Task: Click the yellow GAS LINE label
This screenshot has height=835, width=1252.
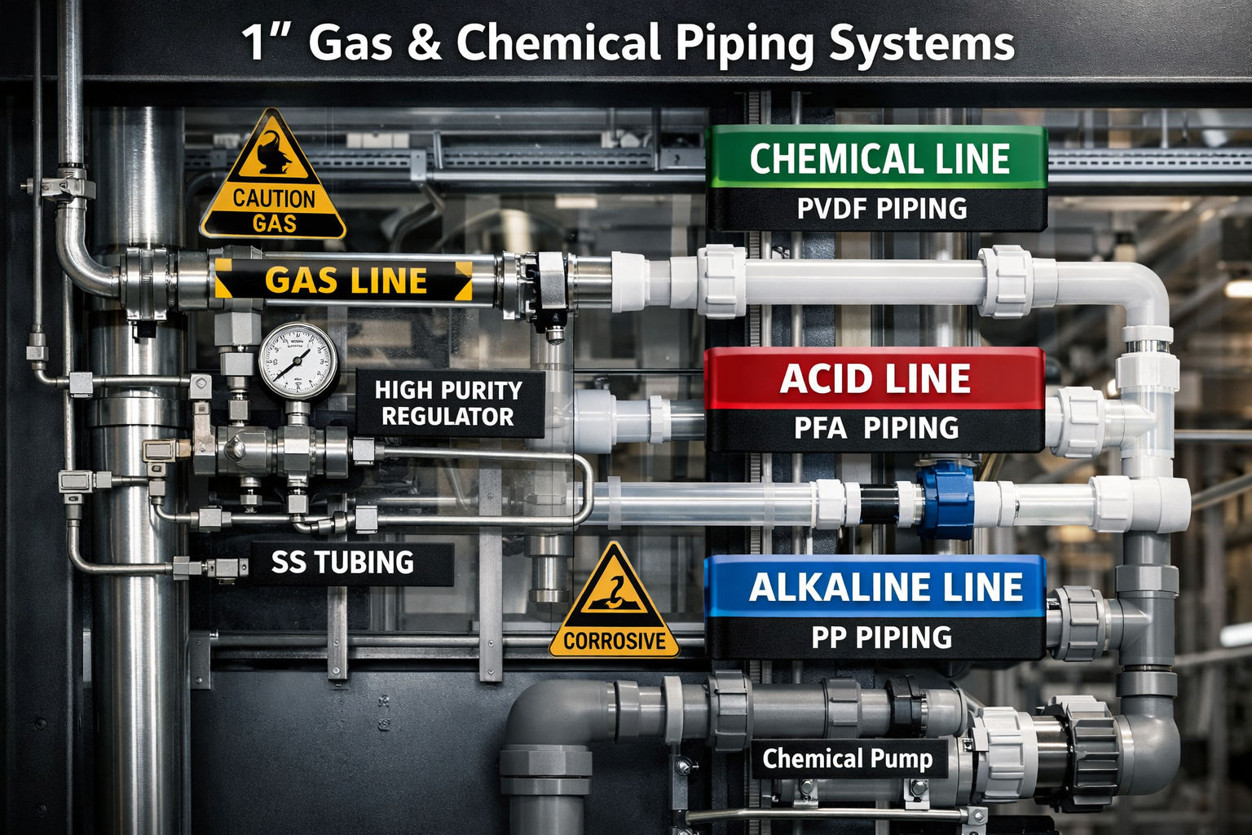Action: tap(343, 281)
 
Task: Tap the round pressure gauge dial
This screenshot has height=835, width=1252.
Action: tap(298, 361)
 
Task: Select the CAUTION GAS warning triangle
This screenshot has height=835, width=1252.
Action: tap(273, 175)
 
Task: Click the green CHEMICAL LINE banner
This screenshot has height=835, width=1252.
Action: tap(876, 157)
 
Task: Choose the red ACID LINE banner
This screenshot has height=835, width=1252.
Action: tap(875, 378)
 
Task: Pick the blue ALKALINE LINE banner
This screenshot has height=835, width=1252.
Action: tap(875, 586)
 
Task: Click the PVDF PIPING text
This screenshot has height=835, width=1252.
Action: tap(882, 209)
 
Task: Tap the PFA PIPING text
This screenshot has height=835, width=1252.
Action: tap(876, 428)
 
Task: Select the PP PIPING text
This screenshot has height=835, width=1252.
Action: tap(881, 638)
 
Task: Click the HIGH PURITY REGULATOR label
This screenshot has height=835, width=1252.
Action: tap(449, 404)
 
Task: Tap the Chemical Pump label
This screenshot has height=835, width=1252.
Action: tap(848, 759)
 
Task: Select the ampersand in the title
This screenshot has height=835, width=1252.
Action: tap(424, 42)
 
